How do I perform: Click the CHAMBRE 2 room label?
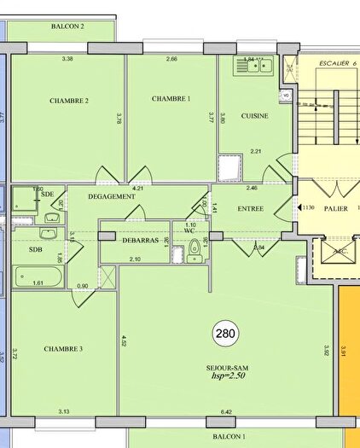(69, 101)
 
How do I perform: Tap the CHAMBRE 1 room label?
(171, 99)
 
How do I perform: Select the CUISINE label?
(255, 116)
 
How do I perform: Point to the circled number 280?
(226, 333)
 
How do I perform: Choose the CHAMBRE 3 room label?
(64, 348)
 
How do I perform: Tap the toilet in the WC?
(195, 248)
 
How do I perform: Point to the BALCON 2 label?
(67, 27)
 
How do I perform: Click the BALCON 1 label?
(229, 436)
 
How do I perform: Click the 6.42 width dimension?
(226, 412)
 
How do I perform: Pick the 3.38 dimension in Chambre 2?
(67, 59)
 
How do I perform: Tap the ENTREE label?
(250, 208)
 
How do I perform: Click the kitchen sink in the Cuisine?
(253, 65)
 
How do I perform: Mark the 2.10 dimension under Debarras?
(135, 259)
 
